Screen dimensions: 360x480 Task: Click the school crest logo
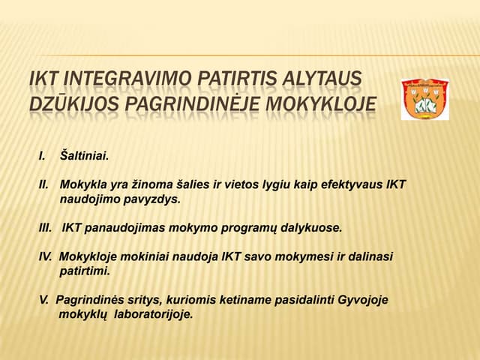[424, 98]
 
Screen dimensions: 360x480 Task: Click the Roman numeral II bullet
[43, 184]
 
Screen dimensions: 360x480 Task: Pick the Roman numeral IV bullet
[46, 256]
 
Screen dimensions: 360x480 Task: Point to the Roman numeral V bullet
[43, 300]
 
